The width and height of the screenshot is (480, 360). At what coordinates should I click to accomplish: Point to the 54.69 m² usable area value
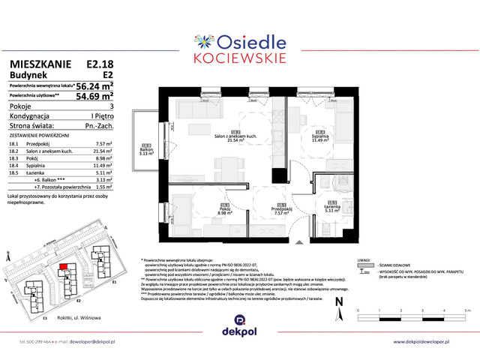click(x=94, y=96)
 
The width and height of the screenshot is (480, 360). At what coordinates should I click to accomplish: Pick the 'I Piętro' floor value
click(x=102, y=116)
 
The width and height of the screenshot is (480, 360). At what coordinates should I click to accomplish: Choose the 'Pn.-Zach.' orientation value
click(x=99, y=125)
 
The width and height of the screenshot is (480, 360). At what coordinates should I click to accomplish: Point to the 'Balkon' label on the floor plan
click(x=147, y=148)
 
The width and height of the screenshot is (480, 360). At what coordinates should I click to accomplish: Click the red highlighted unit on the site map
click(x=64, y=265)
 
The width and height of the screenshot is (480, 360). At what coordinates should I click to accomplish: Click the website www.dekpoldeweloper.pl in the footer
click(x=431, y=341)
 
